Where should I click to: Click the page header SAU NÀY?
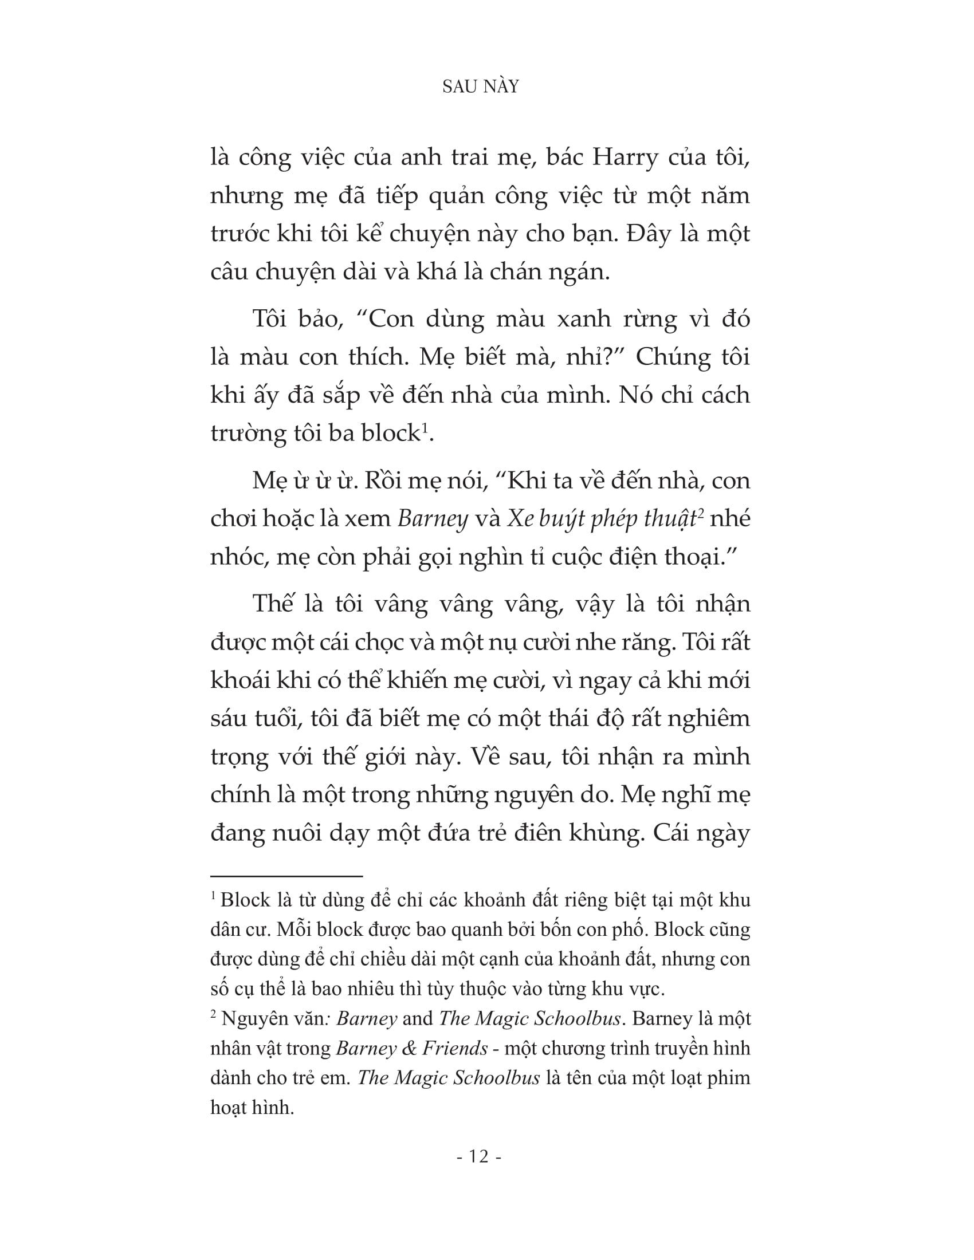tap(481, 86)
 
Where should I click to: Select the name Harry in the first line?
tap(626, 157)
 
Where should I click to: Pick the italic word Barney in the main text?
tap(433, 519)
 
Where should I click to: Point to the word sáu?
tap(227, 718)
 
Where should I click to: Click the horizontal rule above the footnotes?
tap(286, 876)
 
